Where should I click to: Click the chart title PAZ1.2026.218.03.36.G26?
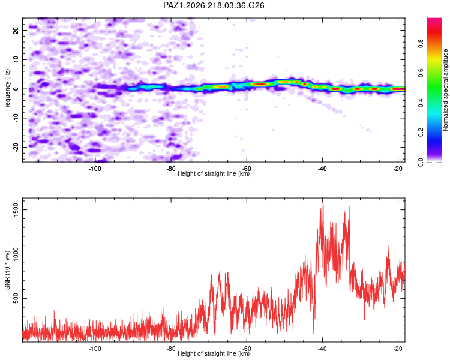(x=214, y=5)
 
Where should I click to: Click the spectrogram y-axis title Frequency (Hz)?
(x=7, y=90)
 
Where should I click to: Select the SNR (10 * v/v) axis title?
(x=7, y=270)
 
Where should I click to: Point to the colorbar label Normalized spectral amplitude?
(x=445, y=90)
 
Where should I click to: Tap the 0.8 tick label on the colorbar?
(x=421, y=44)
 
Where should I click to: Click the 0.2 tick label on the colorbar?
(x=421, y=132)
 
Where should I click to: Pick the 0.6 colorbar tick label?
(x=421, y=73)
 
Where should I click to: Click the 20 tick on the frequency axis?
(x=16, y=31)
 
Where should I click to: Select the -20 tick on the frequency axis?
(x=16, y=148)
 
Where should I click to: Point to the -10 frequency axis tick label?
(x=16, y=118)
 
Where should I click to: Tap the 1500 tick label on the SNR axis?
(x=16, y=210)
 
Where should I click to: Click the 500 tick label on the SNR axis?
(x=16, y=299)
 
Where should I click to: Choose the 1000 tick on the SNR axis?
(x=16, y=254)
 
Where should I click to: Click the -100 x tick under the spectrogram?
(x=95, y=169)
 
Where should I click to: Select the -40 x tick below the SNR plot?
(x=322, y=349)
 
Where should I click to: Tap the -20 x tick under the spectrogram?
(x=398, y=169)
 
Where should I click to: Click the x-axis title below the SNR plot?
(x=214, y=353)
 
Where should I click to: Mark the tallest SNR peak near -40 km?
(x=322, y=199)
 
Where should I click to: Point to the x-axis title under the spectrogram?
(x=214, y=173)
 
